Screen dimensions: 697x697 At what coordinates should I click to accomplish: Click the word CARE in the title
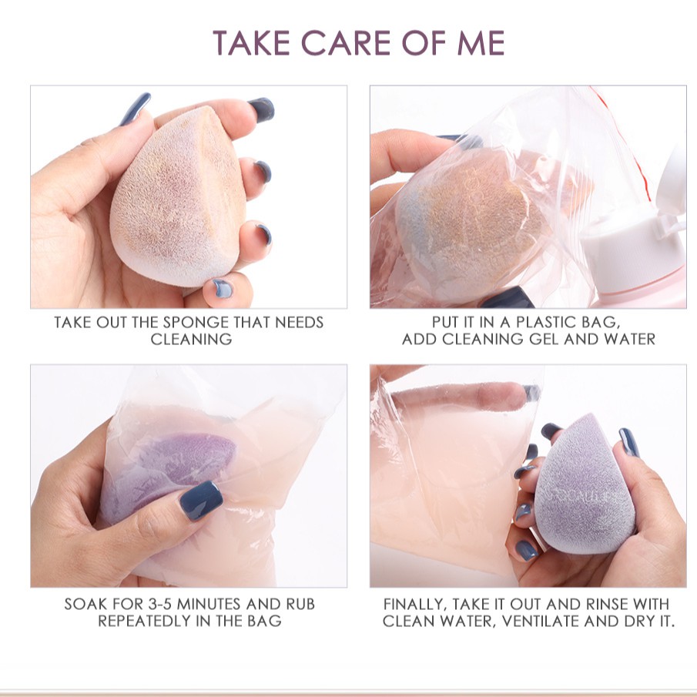(347, 43)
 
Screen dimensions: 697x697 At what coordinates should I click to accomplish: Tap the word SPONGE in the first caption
(196, 322)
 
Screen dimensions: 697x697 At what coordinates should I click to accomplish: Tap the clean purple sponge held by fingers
(585, 484)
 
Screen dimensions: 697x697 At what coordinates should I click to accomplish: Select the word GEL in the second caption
(544, 339)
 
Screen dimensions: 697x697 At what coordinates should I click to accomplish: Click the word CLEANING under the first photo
(191, 339)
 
